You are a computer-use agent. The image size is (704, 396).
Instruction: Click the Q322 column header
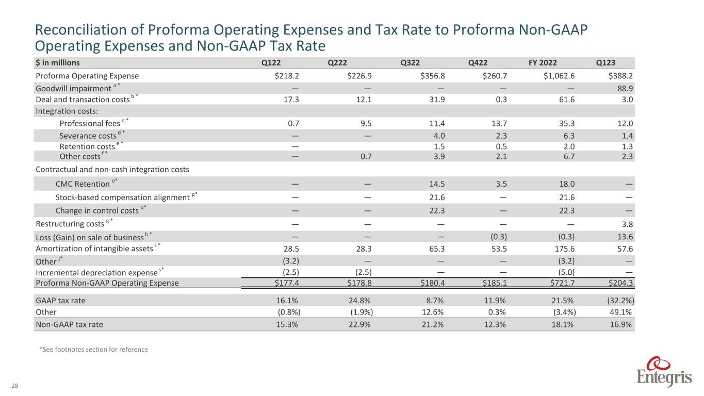[x=410, y=63]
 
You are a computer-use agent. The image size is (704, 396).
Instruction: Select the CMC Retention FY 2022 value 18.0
[x=564, y=184]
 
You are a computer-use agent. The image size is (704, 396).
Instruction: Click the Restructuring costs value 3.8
[x=628, y=224]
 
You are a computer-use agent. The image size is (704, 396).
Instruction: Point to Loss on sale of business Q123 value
[x=626, y=237]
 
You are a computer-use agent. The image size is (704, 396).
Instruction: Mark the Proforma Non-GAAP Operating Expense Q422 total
[x=493, y=283]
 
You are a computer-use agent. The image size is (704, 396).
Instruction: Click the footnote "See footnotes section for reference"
[x=93, y=350]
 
